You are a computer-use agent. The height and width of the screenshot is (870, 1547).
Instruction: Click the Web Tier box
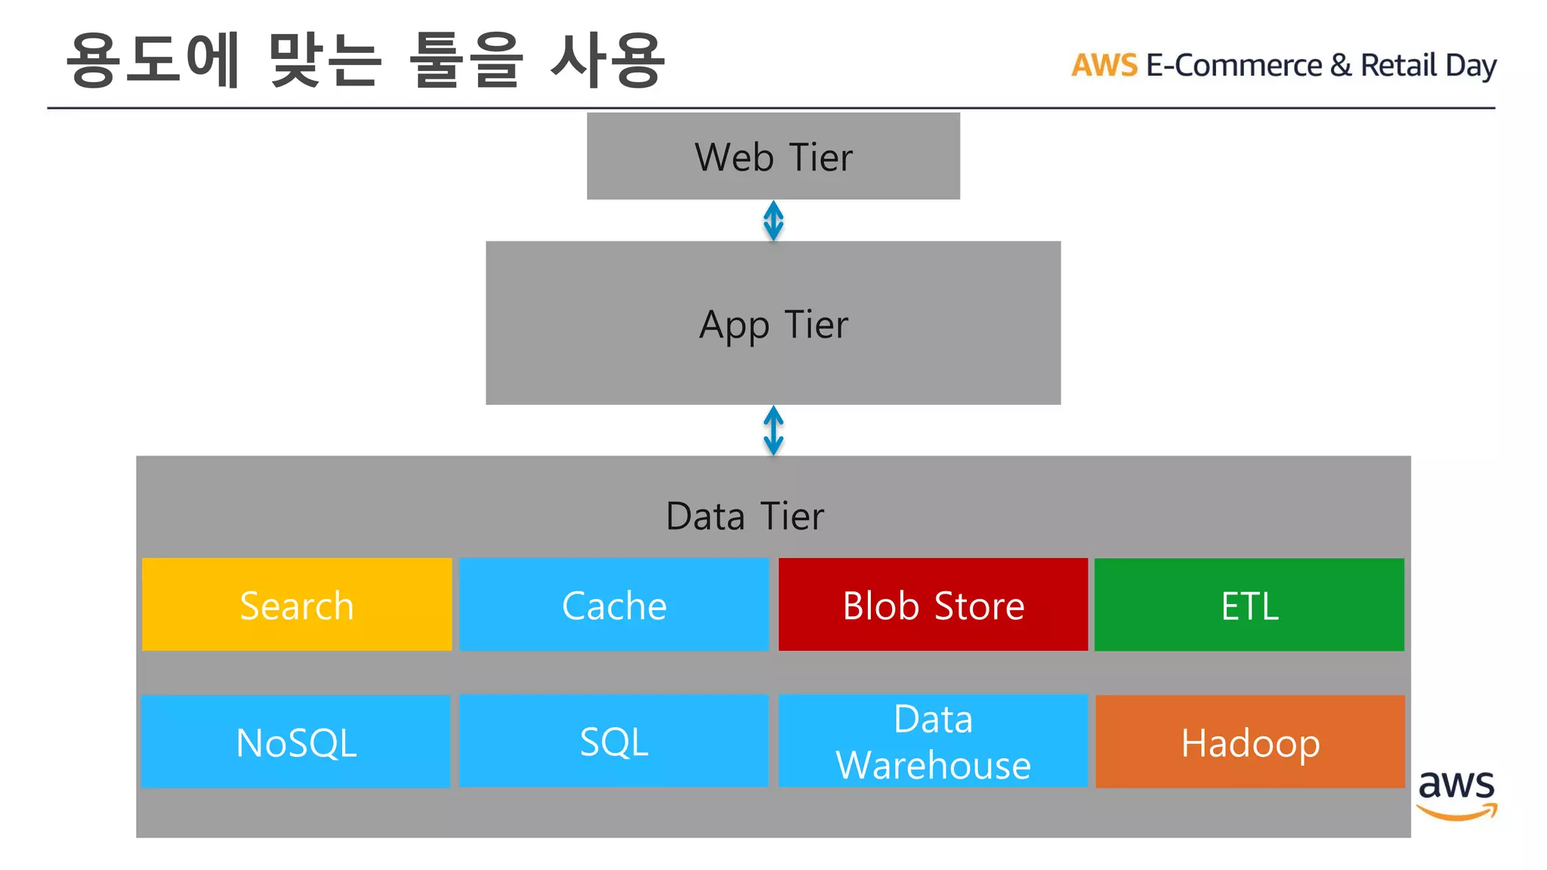click(773, 156)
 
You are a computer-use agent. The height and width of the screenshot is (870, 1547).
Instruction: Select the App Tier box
click(773, 323)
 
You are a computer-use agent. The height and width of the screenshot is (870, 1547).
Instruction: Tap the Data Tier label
click(745, 517)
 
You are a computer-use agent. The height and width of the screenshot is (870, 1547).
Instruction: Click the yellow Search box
click(297, 605)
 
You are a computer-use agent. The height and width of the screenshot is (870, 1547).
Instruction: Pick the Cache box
click(613, 605)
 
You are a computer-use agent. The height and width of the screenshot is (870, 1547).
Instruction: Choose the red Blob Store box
click(933, 605)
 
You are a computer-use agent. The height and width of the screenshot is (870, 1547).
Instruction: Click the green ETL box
click(1249, 605)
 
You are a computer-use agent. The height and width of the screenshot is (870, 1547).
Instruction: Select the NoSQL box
click(295, 742)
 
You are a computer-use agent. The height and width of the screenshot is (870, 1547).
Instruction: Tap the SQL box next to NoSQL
click(613, 741)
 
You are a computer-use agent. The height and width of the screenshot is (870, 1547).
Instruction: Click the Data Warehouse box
click(933, 741)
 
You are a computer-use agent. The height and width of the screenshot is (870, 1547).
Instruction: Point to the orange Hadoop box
click(1249, 742)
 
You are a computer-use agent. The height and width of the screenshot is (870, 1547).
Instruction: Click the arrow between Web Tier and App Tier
click(773, 221)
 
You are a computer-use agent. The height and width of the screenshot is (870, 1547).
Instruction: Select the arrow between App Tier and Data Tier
click(773, 430)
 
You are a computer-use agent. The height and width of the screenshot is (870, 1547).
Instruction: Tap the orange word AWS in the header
click(1104, 66)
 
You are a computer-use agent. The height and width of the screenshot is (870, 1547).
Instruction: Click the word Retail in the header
click(1398, 66)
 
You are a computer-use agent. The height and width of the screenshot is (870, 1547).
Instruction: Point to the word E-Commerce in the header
click(1234, 66)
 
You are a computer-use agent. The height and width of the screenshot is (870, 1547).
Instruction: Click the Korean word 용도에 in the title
click(153, 60)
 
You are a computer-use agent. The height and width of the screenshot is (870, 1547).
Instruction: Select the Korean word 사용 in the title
click(608, 60)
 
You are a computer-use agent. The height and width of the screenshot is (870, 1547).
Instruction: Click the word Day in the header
click(1470, 66)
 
